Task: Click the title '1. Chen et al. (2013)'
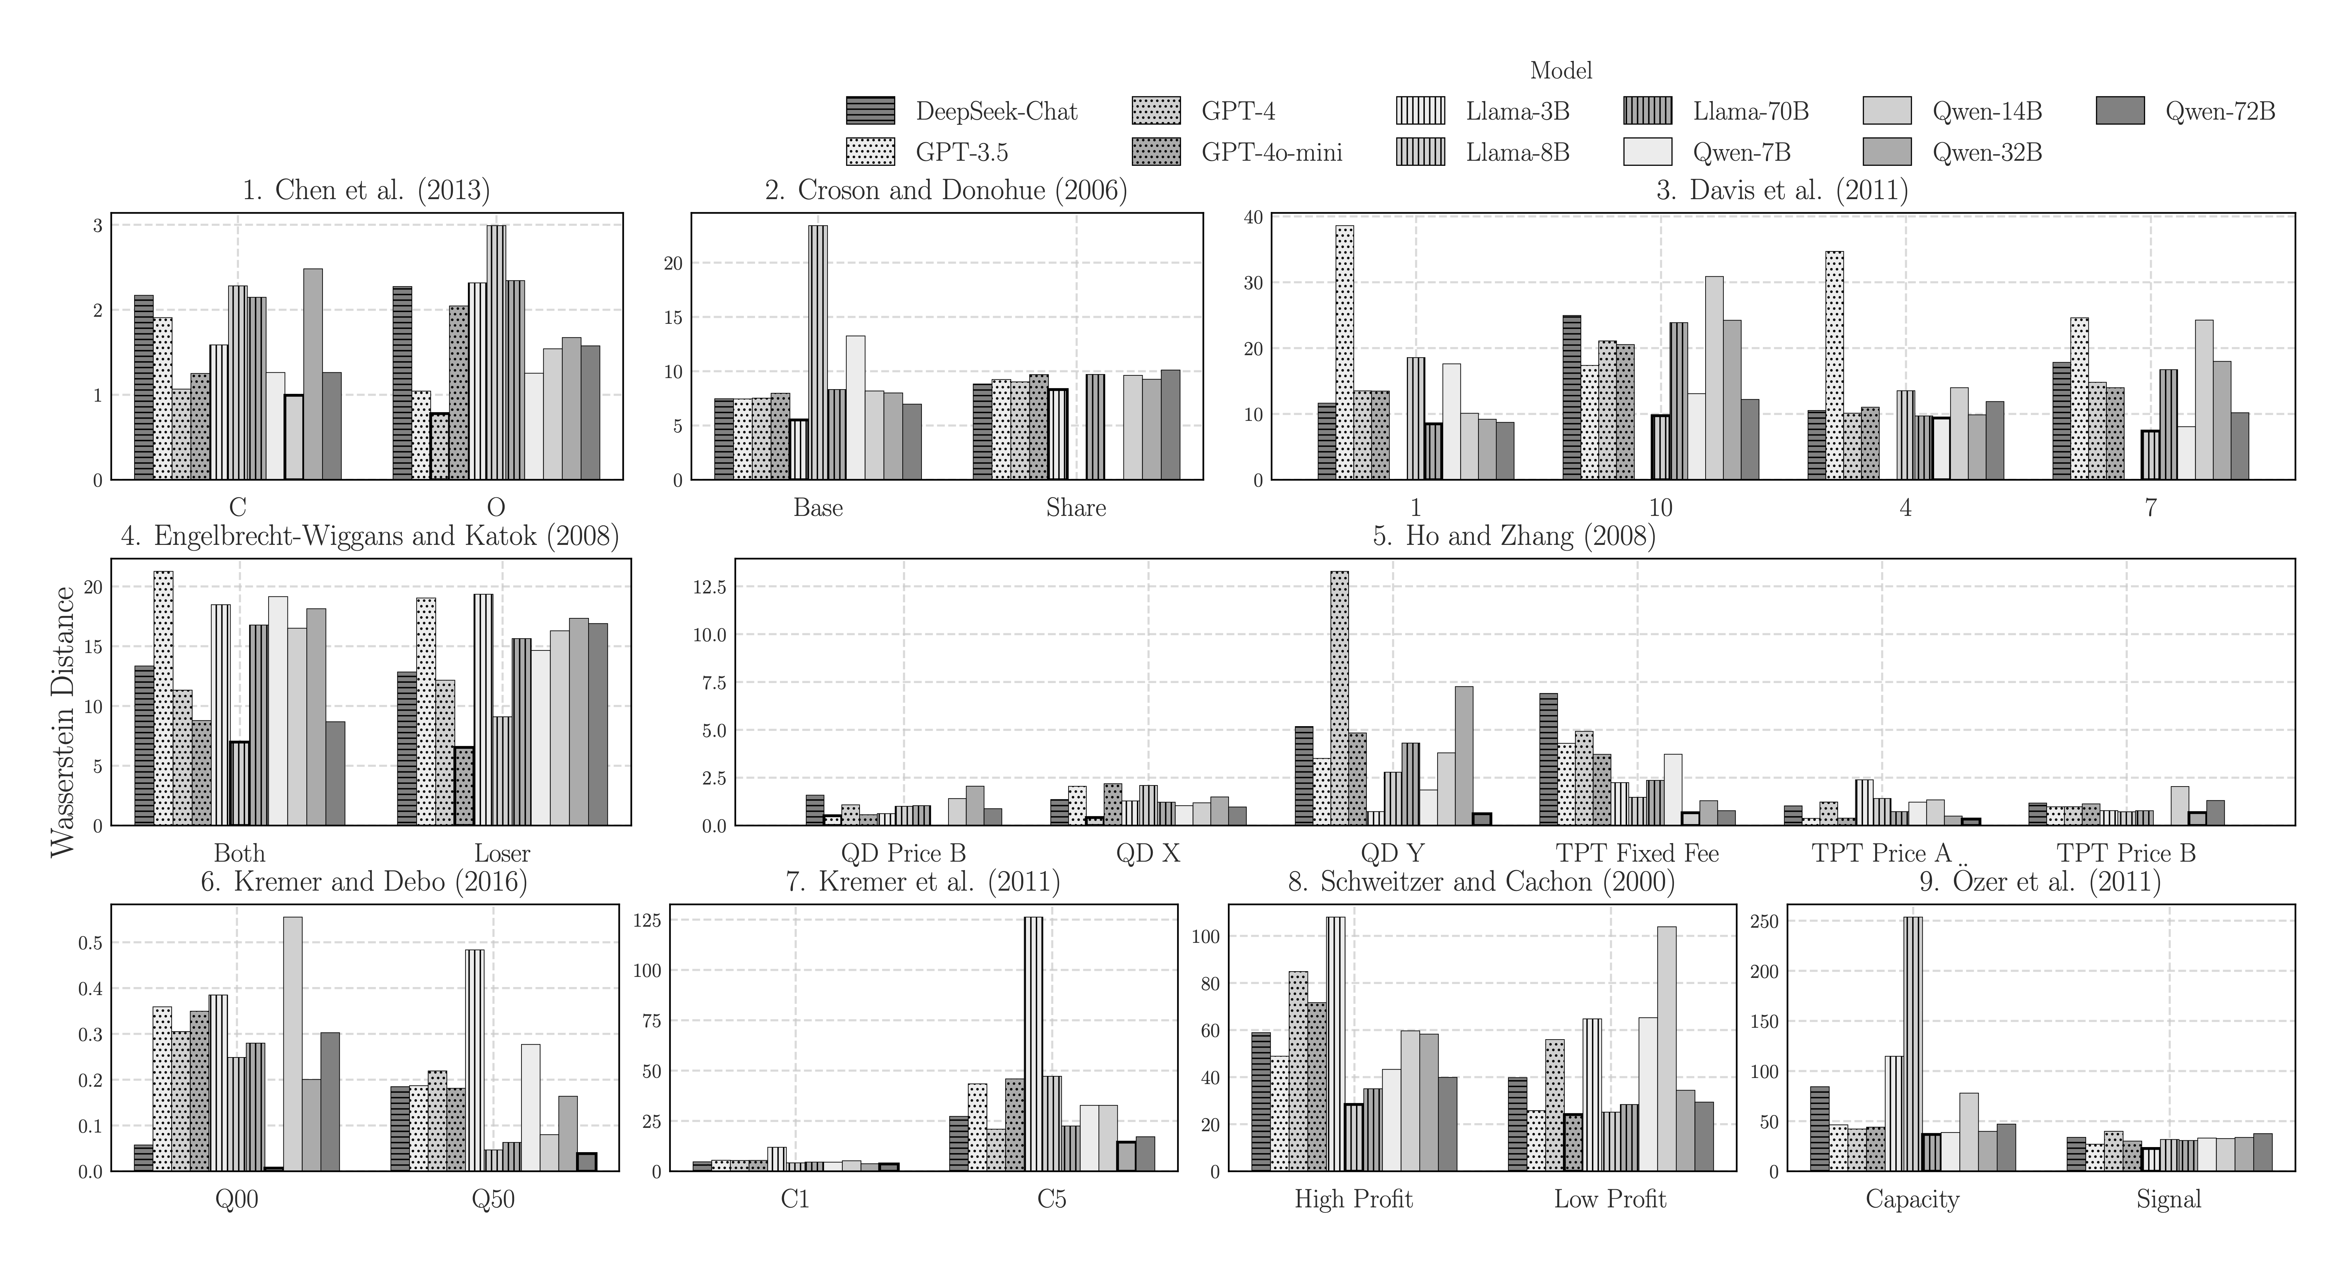(x=366, y=190)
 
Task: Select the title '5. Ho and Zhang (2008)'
(x=1513, y=535)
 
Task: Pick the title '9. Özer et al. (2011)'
(x=2040, y=882)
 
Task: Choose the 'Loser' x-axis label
(x=502, y=853)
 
